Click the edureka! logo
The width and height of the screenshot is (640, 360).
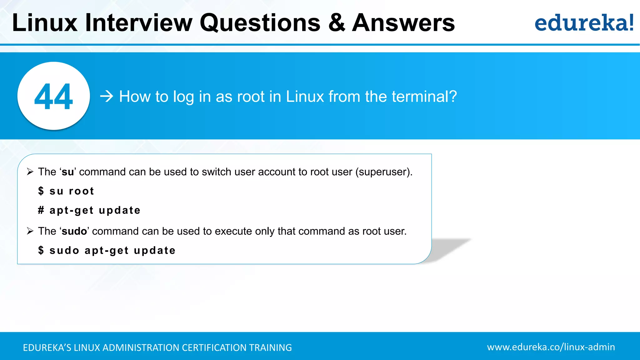click(584, 23)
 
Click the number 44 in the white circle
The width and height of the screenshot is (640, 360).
click(53, 97)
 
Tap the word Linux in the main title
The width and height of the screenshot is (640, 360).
click(45, 23)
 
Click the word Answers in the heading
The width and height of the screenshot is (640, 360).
click(403, 23)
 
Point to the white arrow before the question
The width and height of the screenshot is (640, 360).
click(107, 96)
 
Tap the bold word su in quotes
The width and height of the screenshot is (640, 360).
click(68, 172)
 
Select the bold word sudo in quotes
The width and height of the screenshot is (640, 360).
click(74, 231)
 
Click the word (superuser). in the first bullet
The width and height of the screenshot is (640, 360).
click(384, 172)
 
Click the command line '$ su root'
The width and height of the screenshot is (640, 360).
click(66, 191)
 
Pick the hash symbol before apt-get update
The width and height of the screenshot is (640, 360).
click(41, 210)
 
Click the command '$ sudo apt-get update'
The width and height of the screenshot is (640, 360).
click(107, 250)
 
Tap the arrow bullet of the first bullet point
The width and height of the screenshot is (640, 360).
click(30, 172)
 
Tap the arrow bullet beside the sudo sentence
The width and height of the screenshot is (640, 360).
click(30, 231)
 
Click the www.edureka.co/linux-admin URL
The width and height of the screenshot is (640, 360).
click(551, 347)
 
